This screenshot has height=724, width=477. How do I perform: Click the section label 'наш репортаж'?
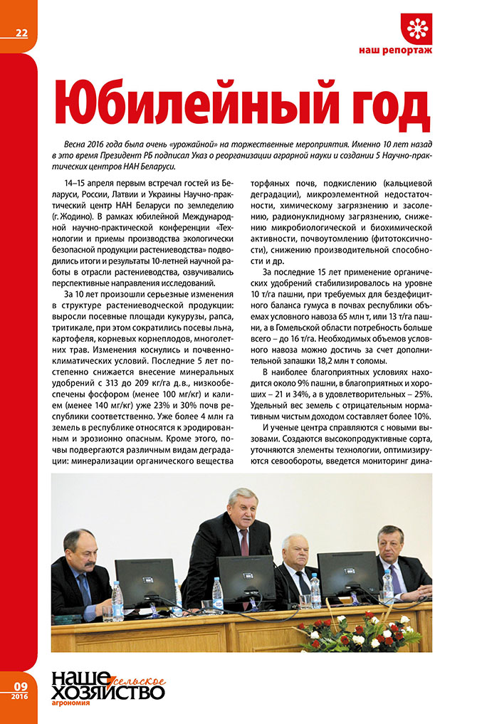395,51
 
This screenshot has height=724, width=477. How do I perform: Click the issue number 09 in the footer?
20,686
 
